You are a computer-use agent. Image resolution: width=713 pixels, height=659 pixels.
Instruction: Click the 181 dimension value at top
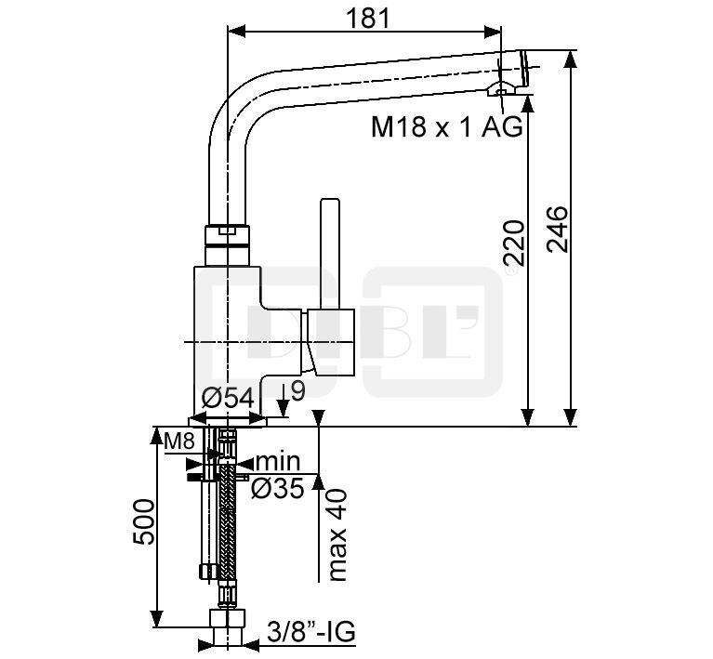368,19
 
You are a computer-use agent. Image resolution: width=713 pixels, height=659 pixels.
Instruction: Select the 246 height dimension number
558,230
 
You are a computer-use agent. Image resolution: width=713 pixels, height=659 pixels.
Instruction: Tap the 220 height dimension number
514,244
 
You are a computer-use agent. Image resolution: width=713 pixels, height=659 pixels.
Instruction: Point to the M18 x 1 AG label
447,126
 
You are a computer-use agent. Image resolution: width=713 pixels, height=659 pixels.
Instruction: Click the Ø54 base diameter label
228,399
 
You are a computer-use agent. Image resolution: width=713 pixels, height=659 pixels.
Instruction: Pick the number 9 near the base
297,391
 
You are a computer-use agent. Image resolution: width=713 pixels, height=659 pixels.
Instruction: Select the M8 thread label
179,441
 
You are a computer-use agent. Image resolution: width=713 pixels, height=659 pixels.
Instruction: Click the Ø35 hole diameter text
277,489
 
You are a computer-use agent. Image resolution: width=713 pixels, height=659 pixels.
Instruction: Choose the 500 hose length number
144,521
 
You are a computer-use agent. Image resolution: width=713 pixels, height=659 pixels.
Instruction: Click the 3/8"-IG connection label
311,631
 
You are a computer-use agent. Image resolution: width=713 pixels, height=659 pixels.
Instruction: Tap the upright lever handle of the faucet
330,254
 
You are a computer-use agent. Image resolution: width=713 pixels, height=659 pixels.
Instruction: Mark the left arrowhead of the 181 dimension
236,32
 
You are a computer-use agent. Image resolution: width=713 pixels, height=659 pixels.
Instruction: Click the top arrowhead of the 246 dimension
571,59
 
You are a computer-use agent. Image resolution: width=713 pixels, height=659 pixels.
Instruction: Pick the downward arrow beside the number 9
283,401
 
